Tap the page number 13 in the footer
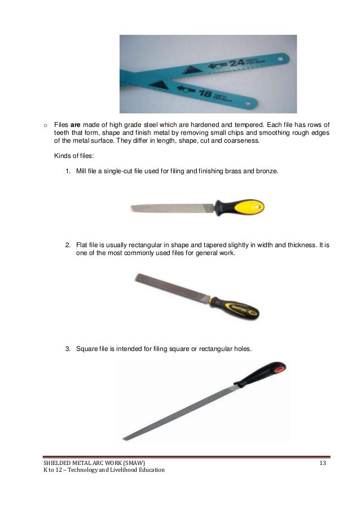click(323, 463)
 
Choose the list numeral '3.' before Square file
click(67, 348)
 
